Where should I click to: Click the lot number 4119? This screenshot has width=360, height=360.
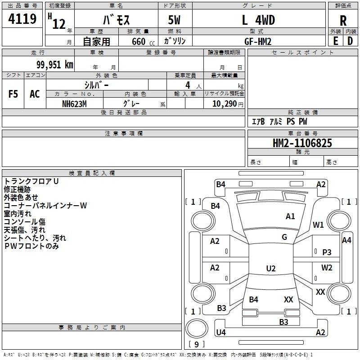pos(22,19)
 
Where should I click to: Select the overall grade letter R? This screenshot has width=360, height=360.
pos(343,21)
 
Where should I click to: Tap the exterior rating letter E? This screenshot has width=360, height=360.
pos(335,40)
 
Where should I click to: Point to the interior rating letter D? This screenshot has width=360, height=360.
pos(350,40)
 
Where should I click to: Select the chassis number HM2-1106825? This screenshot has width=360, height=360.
pos(302,144)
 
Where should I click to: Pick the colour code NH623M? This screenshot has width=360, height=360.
pos(75,103)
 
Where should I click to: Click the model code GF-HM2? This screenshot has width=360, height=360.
pos(258,41)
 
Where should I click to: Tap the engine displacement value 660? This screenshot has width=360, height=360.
pos(139,41)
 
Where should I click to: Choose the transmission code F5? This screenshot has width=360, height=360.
pos(13,94)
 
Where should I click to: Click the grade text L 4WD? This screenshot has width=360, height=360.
pos(258,20)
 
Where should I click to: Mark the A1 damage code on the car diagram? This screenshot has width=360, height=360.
pos(290,216)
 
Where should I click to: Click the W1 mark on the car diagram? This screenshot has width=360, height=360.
pos(319,225)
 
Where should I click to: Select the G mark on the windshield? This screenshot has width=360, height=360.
pos(284,237)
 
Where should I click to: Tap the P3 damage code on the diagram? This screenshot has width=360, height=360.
pos(327,252)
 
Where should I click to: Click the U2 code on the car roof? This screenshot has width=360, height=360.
pos(270,269)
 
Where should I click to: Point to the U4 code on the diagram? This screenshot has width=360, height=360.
pos(221,333)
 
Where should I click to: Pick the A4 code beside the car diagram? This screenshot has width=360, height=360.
pos(346,240)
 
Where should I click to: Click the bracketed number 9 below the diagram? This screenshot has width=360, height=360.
pos(196,345)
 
